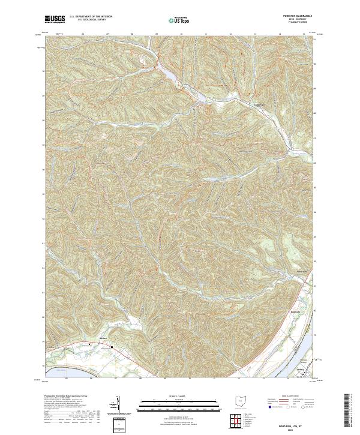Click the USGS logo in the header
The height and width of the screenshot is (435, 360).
[55, 19]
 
